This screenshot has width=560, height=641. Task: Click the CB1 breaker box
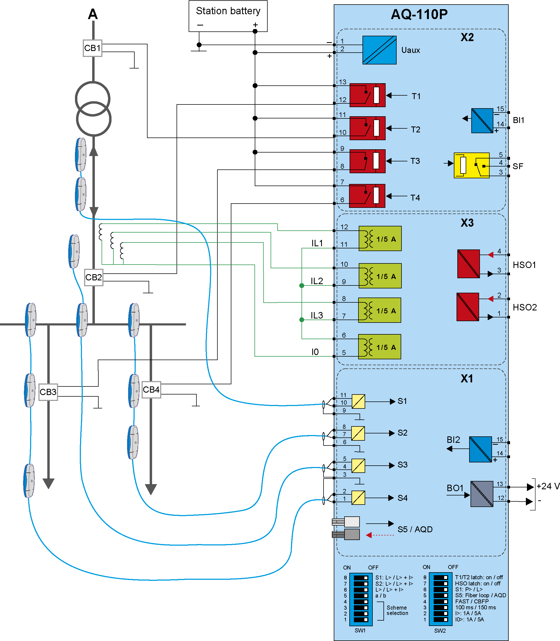pos(92,48)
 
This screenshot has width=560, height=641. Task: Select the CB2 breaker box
pos(94,277)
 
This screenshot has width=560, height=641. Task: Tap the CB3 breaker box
pos(48,392)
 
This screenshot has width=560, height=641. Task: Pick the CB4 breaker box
pos(151,390)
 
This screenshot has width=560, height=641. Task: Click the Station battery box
pos(228,16)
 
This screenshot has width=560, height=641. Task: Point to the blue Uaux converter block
pos(379,50)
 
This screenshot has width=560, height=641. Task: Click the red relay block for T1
pos(367,95)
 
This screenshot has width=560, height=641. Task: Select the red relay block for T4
pos(367,196)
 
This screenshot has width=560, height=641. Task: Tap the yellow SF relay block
pos(471,165)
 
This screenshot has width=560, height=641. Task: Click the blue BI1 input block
pos(482,121)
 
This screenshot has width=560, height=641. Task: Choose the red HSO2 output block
pos(468,307)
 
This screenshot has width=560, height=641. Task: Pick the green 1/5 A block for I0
pos(379,347)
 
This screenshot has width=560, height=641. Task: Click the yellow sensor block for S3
pos(358,466)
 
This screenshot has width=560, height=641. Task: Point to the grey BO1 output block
pos(482,494)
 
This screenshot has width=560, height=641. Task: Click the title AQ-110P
pos(419,14)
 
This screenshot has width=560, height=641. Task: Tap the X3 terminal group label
pos(467,223)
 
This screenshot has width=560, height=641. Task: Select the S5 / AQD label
pos(415,530)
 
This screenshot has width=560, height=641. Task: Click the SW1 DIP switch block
pos(361,599)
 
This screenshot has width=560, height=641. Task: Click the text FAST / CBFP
pos(472,601)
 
